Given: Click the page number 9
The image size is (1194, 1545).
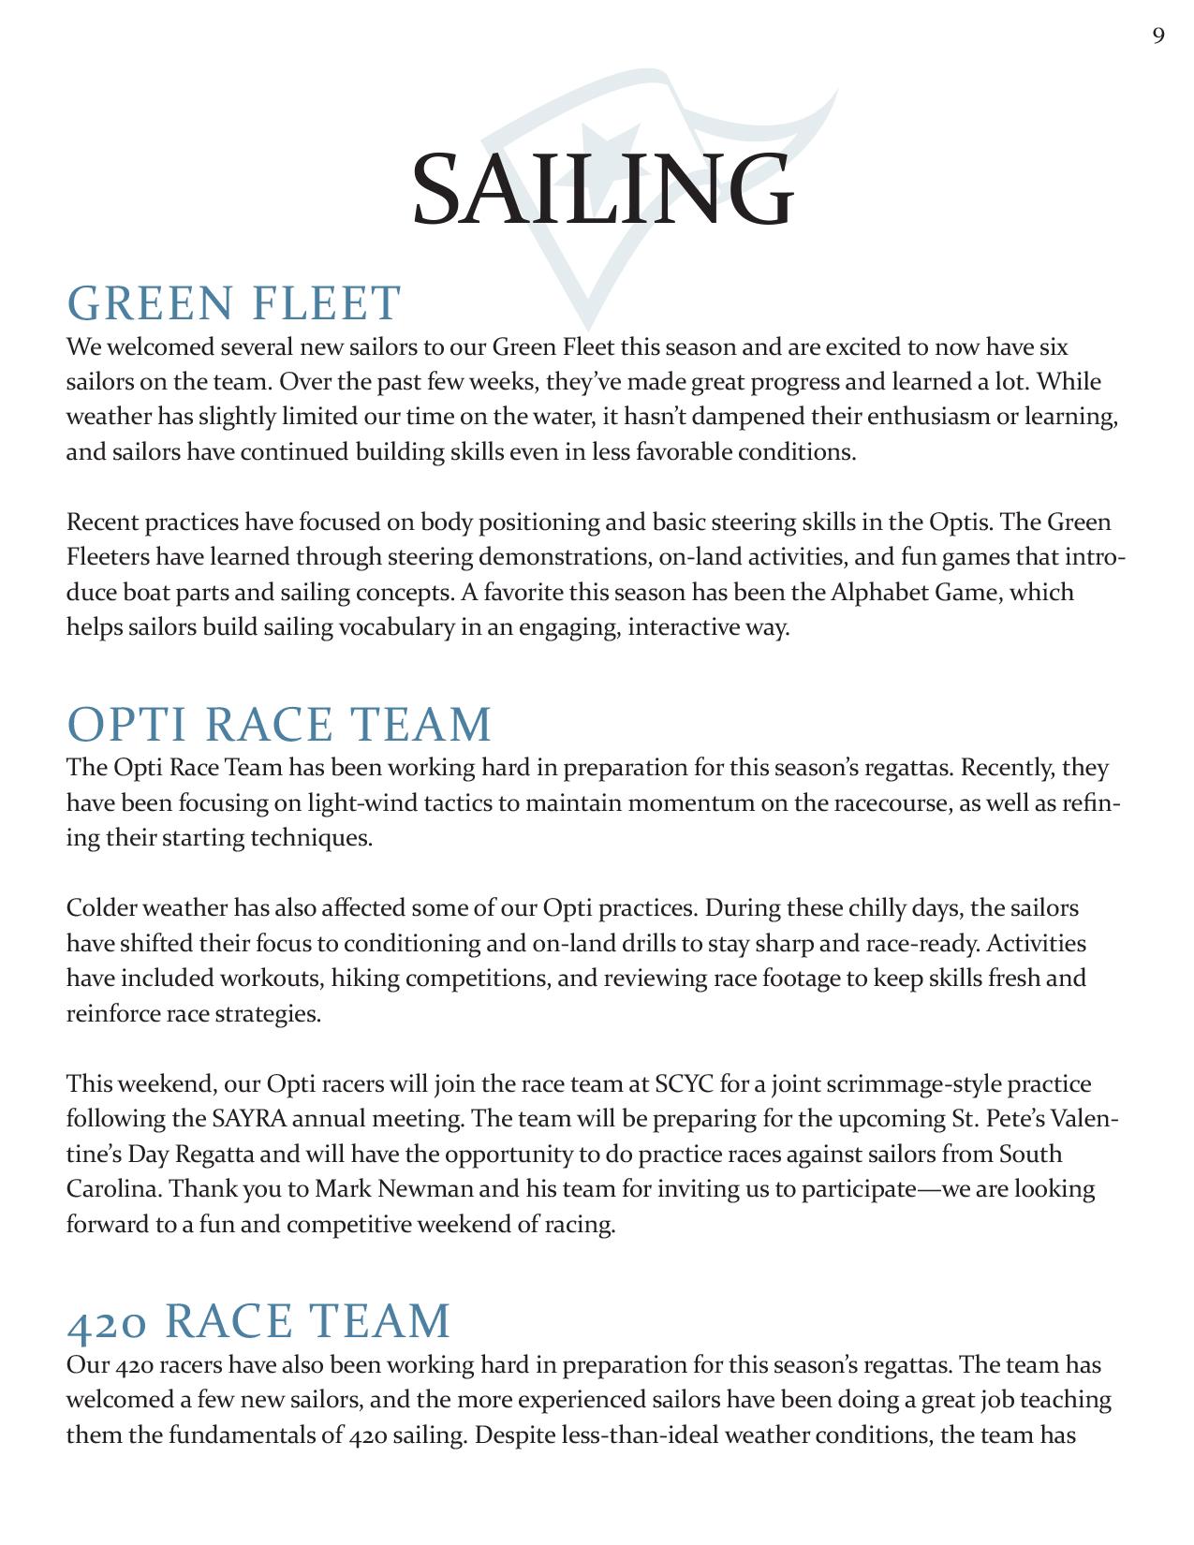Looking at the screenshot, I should [x=1158, y=37].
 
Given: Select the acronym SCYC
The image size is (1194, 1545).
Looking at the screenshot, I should [x=685, y=1084].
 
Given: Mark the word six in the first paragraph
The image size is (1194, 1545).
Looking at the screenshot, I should [x=1053, y=347].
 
